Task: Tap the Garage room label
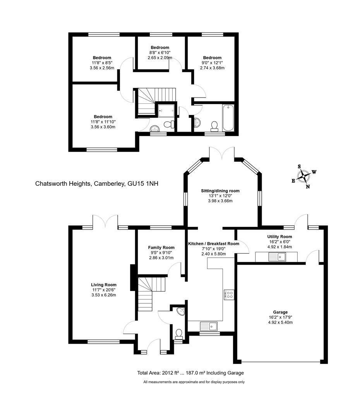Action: pos(280,312)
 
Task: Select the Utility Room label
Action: pos(279,237)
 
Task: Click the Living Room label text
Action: pos(104,285)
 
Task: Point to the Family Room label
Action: pos(161,248)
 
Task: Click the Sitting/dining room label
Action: pos(220,191)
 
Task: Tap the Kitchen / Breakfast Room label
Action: pos(214,244)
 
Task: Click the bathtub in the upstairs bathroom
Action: pos(228,118)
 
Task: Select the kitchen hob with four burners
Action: pos(229,295)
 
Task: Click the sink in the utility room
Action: pos(277,257)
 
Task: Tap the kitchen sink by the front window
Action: pos(209,326)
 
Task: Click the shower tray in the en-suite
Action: pos(166,110)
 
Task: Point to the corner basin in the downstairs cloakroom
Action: pos(181,311)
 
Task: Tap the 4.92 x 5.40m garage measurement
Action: pos(280,322)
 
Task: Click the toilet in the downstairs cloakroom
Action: pos(179,334)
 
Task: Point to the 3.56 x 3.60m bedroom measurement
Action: pos(103,127)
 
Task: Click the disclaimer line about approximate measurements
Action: pos(194,382)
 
